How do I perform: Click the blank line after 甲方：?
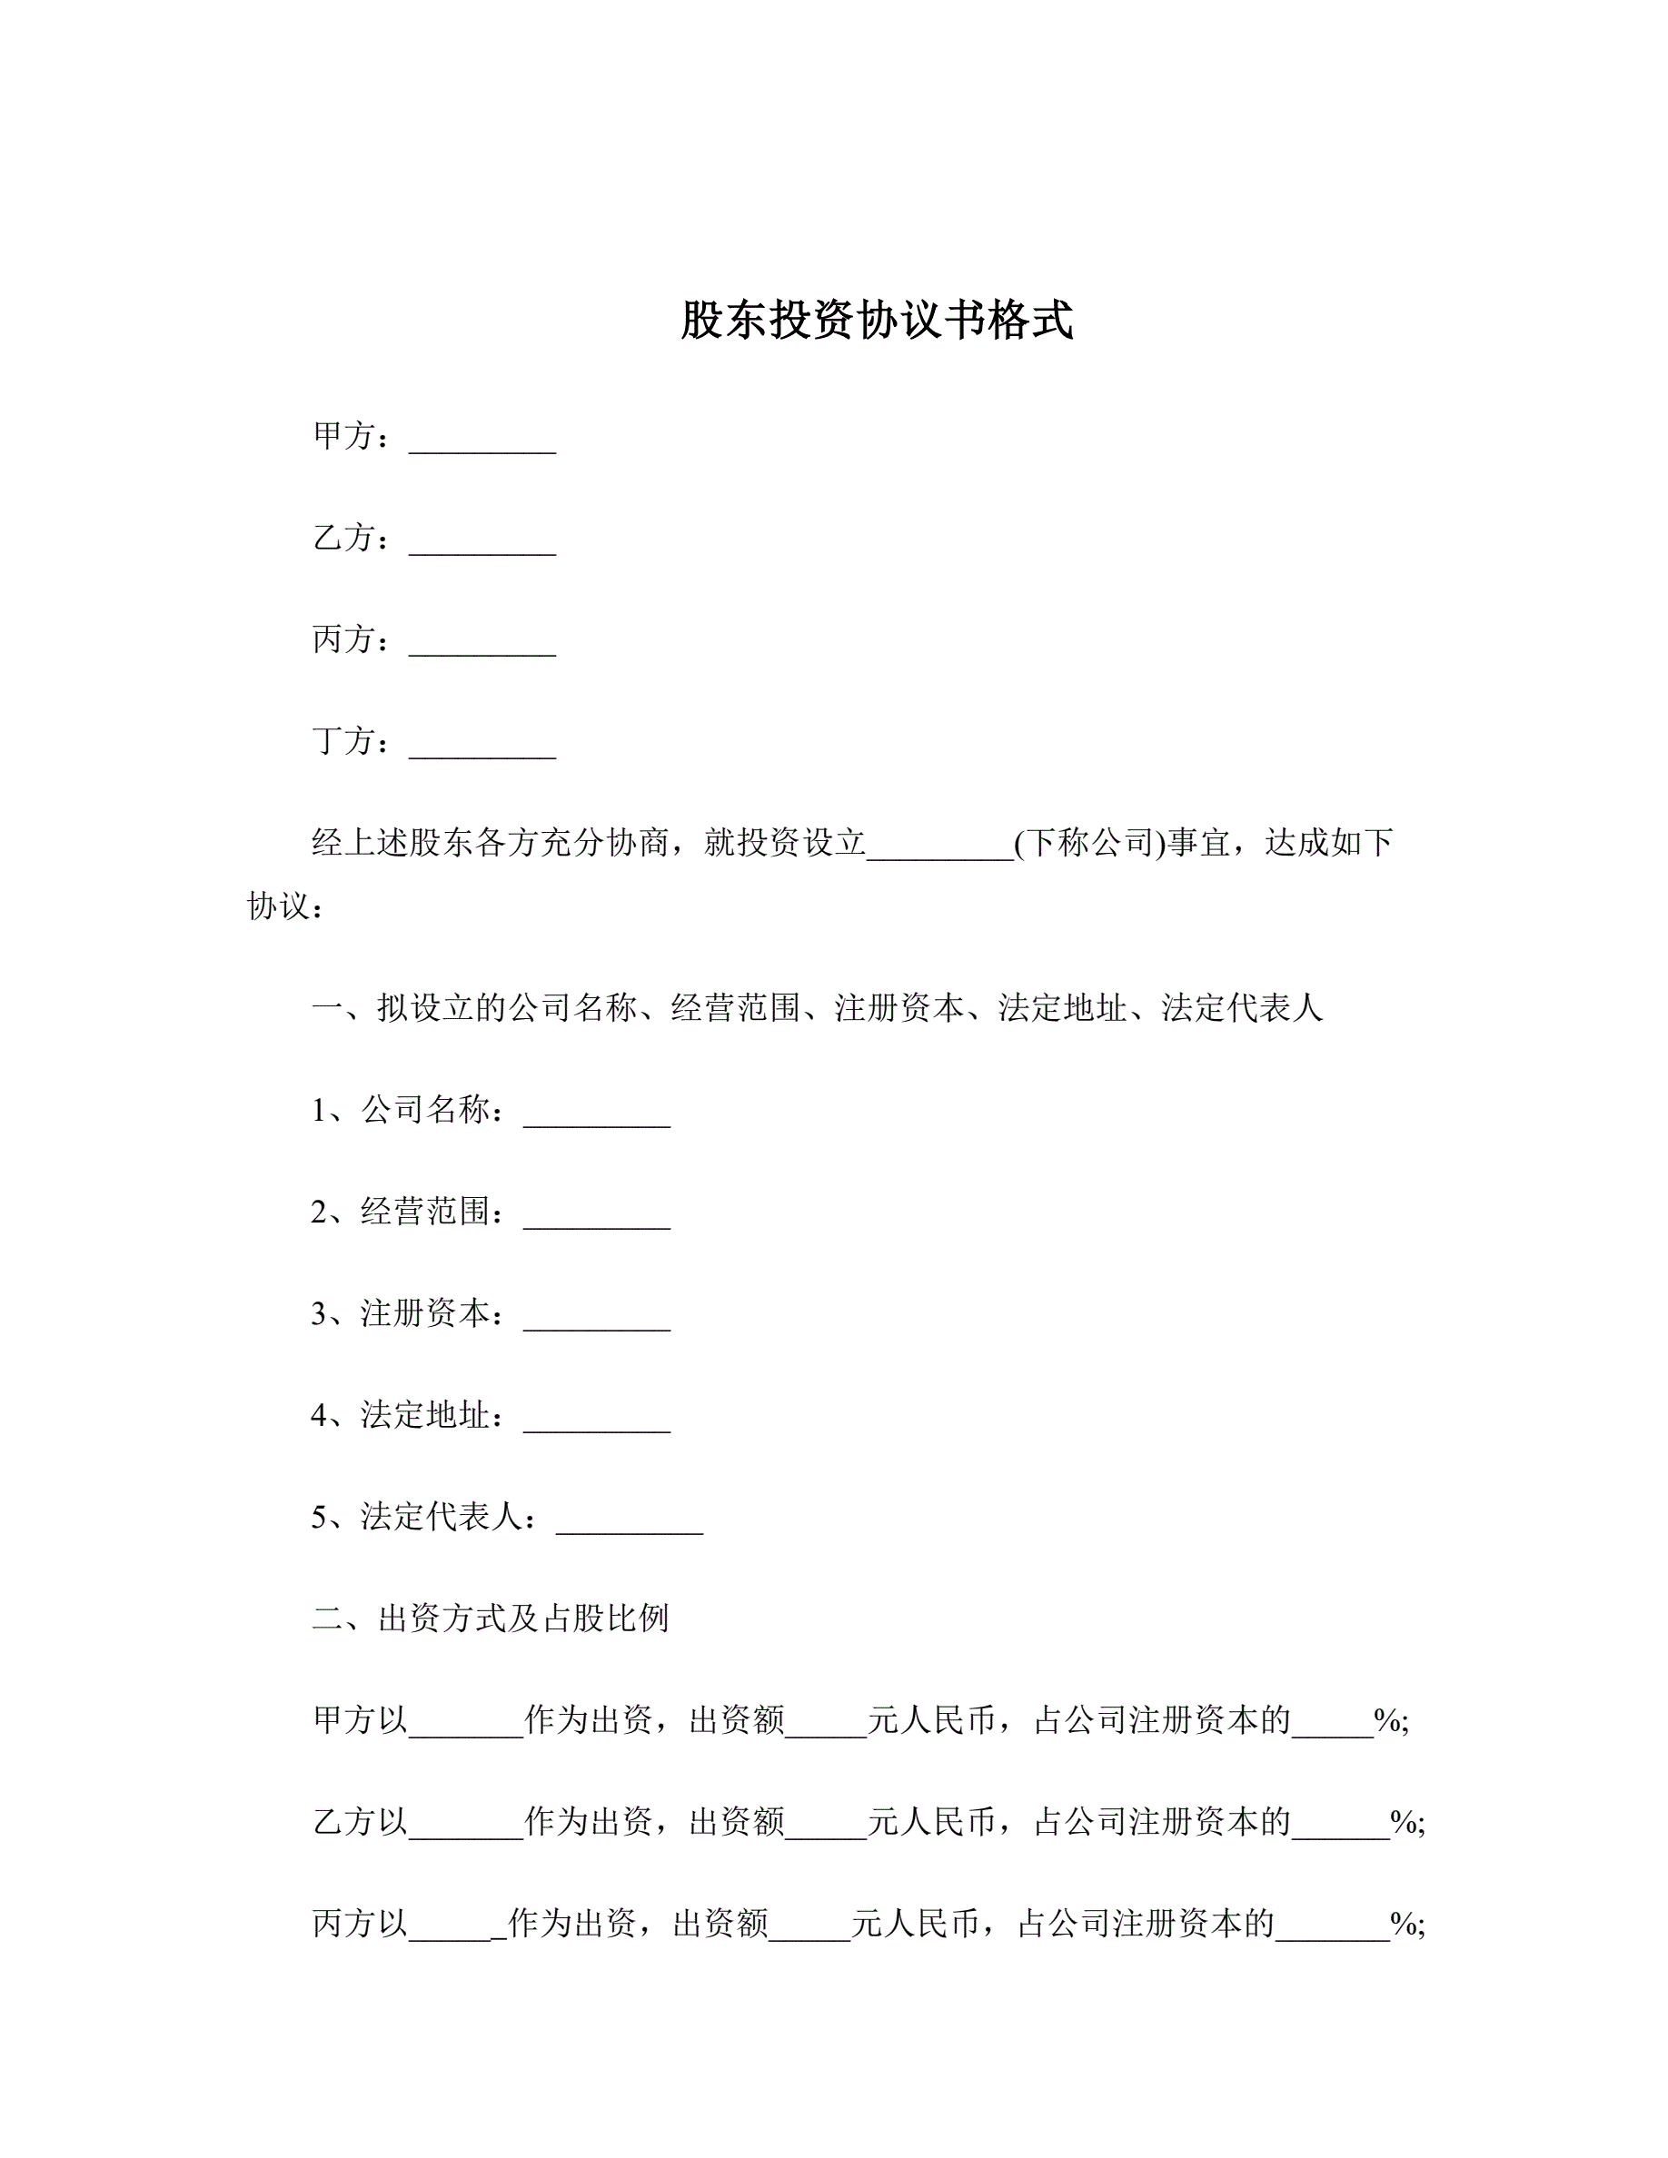[482, 445]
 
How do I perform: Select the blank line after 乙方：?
[482, 547]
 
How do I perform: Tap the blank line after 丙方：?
[482, 648]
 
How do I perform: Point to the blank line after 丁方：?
[482, 750]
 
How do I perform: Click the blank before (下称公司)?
[939, 852]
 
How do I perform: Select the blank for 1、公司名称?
[597, 1120]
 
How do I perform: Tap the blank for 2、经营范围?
[597, 1222]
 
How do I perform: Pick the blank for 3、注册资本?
[597, 1323]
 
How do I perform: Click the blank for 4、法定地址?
[597, 1425]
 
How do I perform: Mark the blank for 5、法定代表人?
[630, 1527]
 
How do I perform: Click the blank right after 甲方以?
[465, 1729]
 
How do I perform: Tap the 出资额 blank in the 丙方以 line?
[809, 1933]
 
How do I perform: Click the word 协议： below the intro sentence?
[285, 906]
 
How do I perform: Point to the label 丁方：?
[352, 740]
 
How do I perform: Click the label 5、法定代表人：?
[425, 1517]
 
